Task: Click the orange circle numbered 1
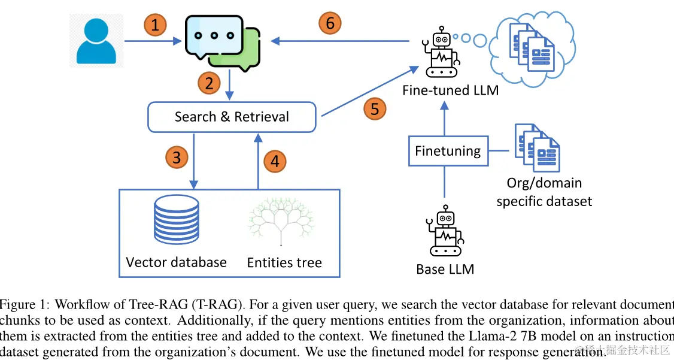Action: tap(155, 25)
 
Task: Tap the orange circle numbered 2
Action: tap(209, 83)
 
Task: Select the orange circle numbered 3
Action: tap(177, 158)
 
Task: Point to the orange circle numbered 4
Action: tap(275, 161)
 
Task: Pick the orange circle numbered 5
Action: tap(375, 109)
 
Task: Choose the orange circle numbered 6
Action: tap(330, 24)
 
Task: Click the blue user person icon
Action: tap(96, 40)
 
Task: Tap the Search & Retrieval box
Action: tap(231, 117)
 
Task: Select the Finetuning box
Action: tap(448, 150)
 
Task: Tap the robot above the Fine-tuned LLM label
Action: tap(442, 52)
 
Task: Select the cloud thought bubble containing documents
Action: tap(532, 46)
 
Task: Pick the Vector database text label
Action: tap(176, 262)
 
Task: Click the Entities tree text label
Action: tap(284, 262)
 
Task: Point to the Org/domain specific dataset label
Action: tap(544, 192)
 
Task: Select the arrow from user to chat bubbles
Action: tap(153, 41)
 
